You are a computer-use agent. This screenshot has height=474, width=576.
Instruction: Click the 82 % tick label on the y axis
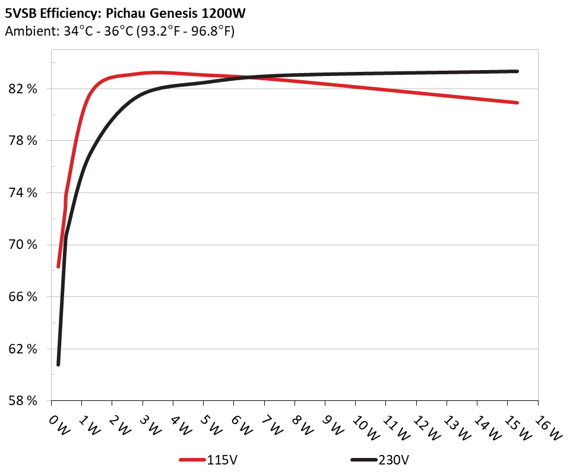pyautogui.click(x=23, y=89)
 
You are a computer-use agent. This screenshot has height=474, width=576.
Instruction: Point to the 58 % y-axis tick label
pyautogui.click(x=23, y=400)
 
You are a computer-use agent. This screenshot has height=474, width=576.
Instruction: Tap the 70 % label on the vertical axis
pyautogui.click(x=23, y=245)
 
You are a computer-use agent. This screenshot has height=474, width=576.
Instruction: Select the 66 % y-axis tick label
pyautogui.click(x=23, y=296)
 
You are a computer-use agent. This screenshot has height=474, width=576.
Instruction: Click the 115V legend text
pyautogui.click(x=223, y=459)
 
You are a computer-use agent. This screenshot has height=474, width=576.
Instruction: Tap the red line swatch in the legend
pyautogui.click(x=192, y=460)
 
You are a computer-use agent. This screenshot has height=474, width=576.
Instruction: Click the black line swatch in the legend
pyautogui.click(x=363, y=460)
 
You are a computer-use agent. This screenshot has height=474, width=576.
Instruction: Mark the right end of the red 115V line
pyautogui.click(x=518, y=103)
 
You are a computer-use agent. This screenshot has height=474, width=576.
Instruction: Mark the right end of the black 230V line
pyautogui.click(x=518, y=71)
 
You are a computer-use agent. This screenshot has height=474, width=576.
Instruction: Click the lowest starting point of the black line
pyautogui.click(x=58, y=364)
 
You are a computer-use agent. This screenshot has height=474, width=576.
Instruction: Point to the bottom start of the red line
pyautogui.click(x=58, y=267)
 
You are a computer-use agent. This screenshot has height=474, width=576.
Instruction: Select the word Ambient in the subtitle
pyautogui.click(x=25, y=31)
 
